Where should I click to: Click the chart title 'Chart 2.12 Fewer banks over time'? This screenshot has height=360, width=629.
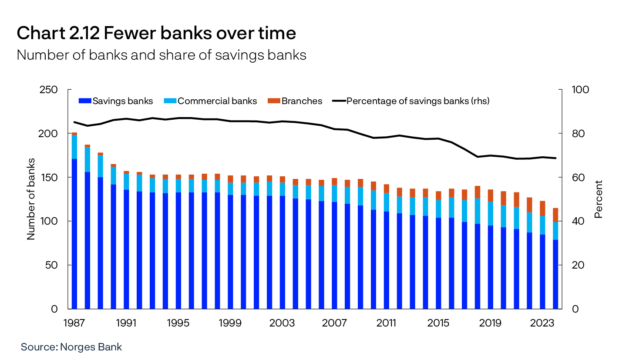156,34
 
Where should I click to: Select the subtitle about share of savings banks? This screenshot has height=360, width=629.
161,55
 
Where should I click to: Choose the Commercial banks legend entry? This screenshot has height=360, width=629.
211,101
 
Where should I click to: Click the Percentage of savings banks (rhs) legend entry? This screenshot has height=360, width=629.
411,101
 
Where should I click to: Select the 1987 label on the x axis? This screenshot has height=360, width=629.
74,323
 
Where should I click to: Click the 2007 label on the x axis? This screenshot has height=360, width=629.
334,323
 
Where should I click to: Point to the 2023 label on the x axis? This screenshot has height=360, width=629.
542,323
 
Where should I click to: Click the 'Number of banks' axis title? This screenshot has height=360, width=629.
31,199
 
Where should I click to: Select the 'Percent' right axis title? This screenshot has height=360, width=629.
599,199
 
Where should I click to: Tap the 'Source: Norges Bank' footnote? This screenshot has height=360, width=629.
71,347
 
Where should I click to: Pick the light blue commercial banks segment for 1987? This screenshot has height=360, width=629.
74,147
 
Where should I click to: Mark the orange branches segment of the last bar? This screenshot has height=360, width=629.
555,215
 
